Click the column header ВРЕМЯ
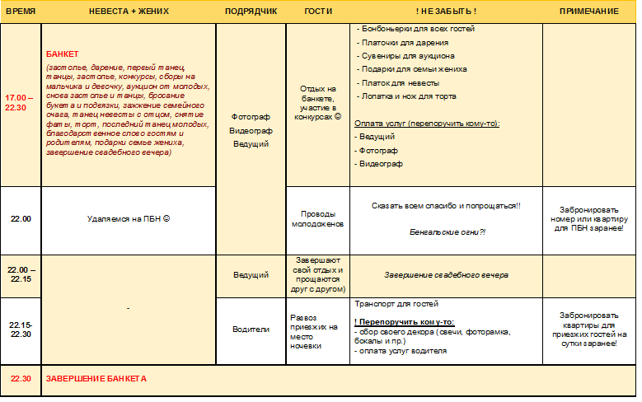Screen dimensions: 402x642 [x=21, y=11]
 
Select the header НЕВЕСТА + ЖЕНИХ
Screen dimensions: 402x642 [x=127, y=11]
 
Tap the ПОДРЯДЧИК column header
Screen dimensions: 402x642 [x=251, y=11]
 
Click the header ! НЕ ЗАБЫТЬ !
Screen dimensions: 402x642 [x=446, y=11]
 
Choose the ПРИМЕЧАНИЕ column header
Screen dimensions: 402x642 [x=588, y=11]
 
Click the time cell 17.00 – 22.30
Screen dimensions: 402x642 [x=21, y=102]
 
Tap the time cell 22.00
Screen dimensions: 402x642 [x=21, y=219]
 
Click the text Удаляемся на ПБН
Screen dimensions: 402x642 [x=127, y=219]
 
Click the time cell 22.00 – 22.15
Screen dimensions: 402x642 [x=21, y=274]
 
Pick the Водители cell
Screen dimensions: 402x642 [x=251, y=330]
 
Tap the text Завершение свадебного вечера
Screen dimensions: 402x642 [x=446, y=274]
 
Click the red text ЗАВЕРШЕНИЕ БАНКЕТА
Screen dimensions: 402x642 [x=96, y=379]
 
